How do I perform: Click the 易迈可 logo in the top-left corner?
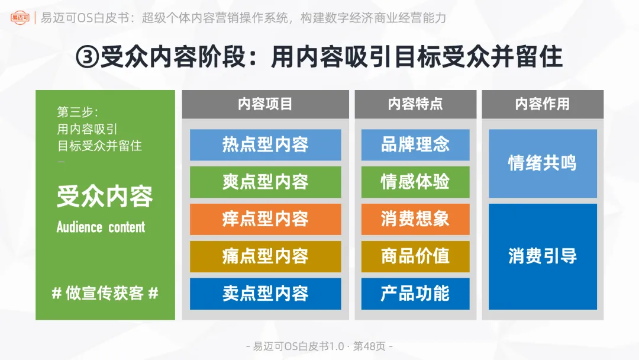click(20, 18)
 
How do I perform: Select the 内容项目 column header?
click(265, 104)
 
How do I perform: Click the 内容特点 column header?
click(415, 104)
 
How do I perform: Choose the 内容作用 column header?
click(542, 104)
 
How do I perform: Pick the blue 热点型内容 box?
click(265, 144)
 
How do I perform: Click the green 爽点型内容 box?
click(265, 182)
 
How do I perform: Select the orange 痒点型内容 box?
click(265, 219)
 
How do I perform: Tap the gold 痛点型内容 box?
click(265, 256)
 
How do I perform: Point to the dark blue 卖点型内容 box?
click(265, 294)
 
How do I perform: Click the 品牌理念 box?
click(415, 144)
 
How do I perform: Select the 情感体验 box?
click(415, 182)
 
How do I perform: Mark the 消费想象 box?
click(415, 219)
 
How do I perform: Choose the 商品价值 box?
click(415, 256)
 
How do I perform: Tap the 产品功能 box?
click(415, 294)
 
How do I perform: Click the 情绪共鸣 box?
click(542, 163)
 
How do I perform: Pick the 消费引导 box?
click(542, 256)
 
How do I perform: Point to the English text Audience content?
click(101, 227)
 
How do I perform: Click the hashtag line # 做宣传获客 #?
click(105, 293)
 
